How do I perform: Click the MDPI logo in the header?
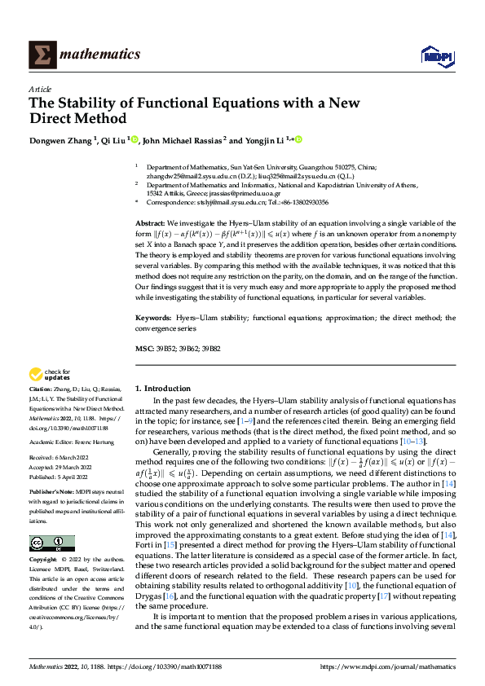[x=435, y=55]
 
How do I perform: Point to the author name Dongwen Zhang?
[x=61, y=140]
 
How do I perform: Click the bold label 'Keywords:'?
[x=152, y=314]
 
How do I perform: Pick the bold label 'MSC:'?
[x=143, y=348]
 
